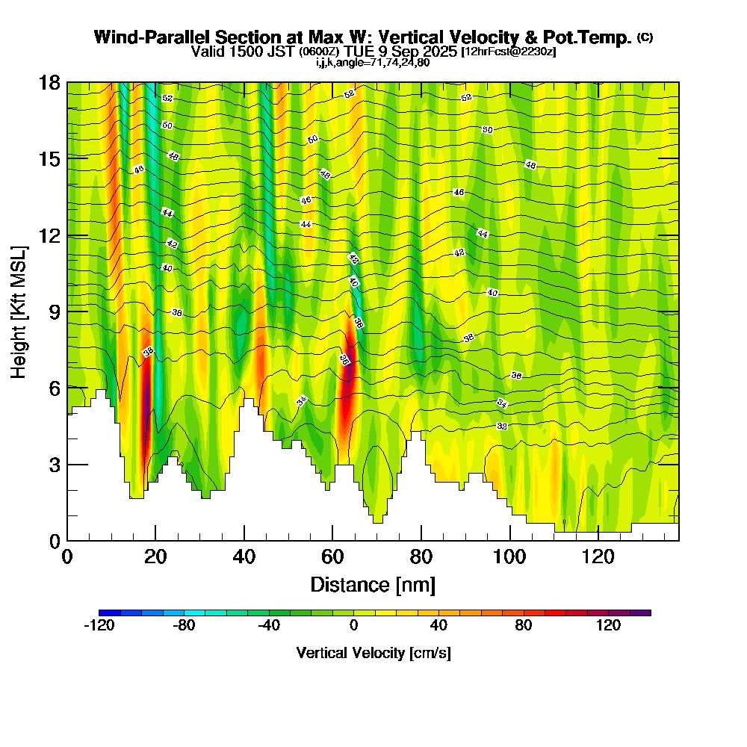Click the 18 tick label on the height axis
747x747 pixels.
click(x=50, y=82)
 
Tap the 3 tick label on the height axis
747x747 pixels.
click(x=55, y=464)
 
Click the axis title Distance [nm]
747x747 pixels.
click(x=373, y=583)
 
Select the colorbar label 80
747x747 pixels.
click(x=523, y=626)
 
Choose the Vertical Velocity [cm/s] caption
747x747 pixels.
click(x=373, y=653)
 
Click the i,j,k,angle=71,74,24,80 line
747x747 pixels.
click(x=373, y=62)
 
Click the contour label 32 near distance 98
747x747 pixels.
click(x=502, y=426)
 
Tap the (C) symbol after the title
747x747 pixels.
click(x=645, y=37)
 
